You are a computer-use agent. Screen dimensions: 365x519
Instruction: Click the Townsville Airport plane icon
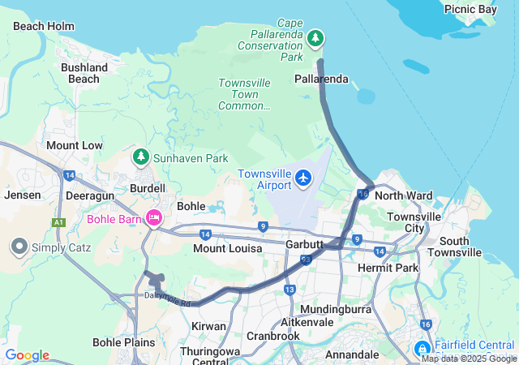pyautogui.click(x=303, y=177)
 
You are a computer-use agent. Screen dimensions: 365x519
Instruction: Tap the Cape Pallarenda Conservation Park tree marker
pyautogui.click(x=315, y=38)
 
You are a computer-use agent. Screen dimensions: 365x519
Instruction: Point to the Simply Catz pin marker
pyautogui.click(x=19, y=245)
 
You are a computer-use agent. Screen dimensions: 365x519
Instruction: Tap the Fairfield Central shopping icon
pyautogui.click(x=422, y=349)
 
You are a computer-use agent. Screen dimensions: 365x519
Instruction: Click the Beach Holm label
pyautogui.click(x=44, y=26)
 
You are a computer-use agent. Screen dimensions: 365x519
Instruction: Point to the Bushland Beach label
pyautogui.click(x=85, y=73)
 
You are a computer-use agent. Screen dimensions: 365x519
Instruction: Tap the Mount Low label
pyautogui.click(x=75, y=145)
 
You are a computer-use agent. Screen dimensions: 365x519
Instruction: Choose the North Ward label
pyautogui.click(x=404, y=195)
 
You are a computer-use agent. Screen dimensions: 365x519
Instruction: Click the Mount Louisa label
pyautogui.click(x=227, y=248)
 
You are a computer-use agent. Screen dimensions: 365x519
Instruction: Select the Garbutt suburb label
pyautogui.click(x=305, y=244)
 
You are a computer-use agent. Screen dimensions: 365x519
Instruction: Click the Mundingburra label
pyautogui.click(x=335, y=310)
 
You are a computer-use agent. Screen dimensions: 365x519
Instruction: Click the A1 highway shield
pyautogui.click(x=58, y=221)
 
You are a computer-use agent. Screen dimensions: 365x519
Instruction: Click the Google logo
pyautogui.click(x=27, y=355)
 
